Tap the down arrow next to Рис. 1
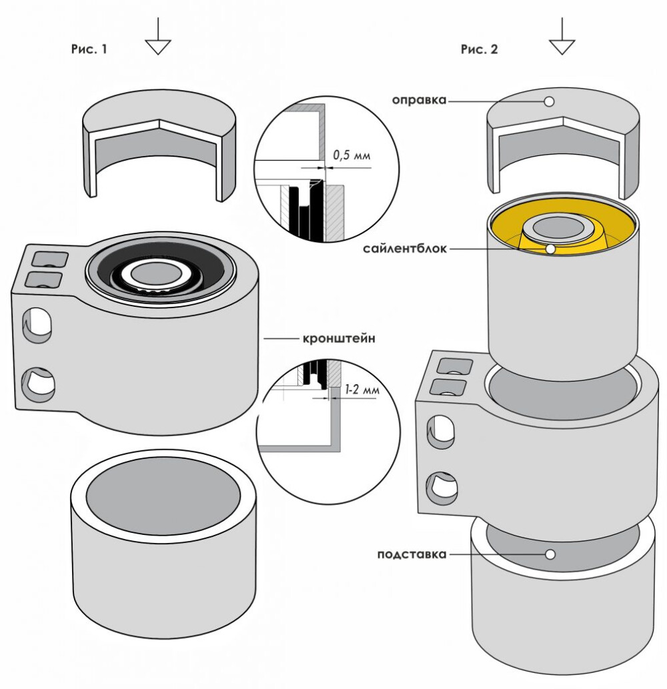158,37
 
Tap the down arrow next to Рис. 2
562,37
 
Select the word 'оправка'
419,101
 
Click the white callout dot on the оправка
549,101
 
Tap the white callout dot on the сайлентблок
550,249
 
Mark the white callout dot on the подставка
550,554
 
